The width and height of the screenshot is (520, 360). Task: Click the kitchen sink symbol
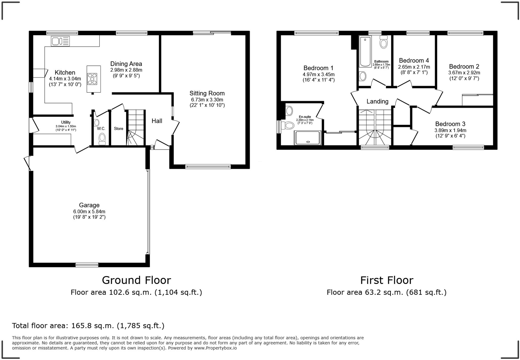tap(60, 41)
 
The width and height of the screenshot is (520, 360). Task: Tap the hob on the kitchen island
tap(92, 79)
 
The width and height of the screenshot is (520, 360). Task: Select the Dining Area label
tap(126, 64)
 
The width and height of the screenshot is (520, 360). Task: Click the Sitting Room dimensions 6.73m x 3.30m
tap(207, 100)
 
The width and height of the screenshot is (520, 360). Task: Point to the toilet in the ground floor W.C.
tap(102, 139)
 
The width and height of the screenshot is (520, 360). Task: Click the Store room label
tap(119, 129)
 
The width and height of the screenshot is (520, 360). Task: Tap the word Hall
tap(157, 121)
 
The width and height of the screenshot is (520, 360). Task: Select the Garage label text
tap(89, 205)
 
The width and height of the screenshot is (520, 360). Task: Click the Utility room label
tap(66, 122)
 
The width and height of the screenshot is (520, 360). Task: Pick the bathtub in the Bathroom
tap(365, 52)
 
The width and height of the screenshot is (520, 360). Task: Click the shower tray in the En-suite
tap(307, 138)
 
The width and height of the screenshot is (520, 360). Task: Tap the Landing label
tap(377, 101)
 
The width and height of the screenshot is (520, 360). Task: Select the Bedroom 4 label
tap(414, 60)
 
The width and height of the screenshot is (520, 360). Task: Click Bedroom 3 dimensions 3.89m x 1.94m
tap(450, 130)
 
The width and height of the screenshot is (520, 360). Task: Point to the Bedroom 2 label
tap(464, 67)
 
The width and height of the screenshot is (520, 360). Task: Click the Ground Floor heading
tap(136, 280)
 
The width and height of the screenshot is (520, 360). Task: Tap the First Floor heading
tap(387, 280)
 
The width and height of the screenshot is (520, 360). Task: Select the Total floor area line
tap(88, 326)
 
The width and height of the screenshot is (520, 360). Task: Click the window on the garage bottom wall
tap(87, 265)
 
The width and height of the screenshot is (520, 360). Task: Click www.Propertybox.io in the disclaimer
tap(215, 348)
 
